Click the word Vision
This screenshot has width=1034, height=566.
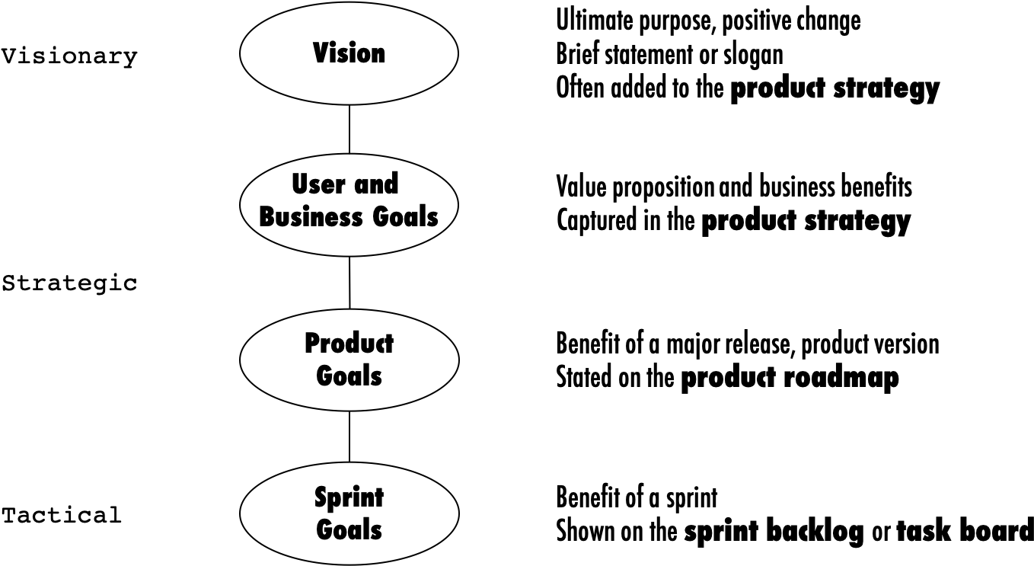point(349,53)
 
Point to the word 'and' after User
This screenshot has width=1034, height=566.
point(376,184)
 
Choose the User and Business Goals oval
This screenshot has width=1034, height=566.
point(349,242)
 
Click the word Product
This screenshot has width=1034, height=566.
point(349,344)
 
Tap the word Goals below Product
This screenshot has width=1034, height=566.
point(349,376)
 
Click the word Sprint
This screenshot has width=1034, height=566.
point(349,498)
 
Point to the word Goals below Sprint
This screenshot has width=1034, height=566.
point(349,530)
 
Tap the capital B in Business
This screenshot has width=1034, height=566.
point(267,217)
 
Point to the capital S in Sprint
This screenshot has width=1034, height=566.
point(321,497)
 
